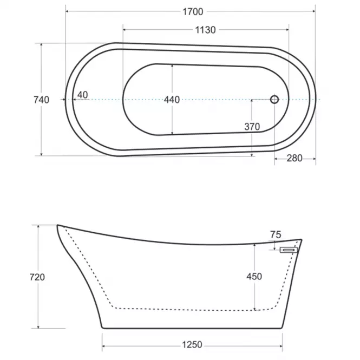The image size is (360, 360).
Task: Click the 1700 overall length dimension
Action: click(x=193, y=12)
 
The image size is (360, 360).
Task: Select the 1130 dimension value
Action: click(x=206, y=30)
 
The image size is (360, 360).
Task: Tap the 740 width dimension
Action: click(x=42, y=100)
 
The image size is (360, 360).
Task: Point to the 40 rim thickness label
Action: click(x=83, y=95)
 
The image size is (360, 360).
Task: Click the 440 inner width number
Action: click(x=172, y=100)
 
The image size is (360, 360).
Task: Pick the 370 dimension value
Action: click(x=252, y=127)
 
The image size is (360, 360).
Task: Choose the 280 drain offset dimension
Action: click(x=294, y=158)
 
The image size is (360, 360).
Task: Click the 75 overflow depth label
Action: click(x=276, y=234)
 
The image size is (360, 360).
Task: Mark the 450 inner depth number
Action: click(x=254, y=277)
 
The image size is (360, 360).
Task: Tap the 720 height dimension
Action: click(x=37, y=277)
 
